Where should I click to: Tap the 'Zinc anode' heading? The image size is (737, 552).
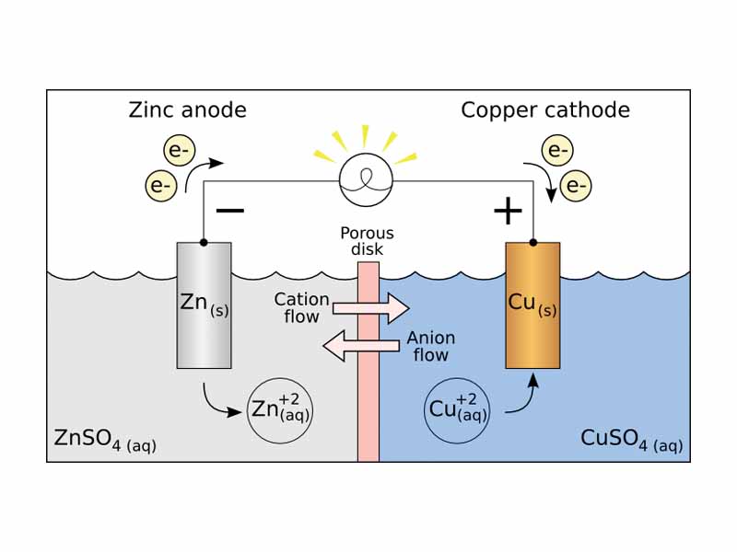tap(187, 110)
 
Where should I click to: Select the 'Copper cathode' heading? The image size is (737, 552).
tap(545, 110)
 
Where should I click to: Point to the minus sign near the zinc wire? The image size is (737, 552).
tap(230, 210)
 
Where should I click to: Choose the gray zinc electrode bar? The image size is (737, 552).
tap(204, 304)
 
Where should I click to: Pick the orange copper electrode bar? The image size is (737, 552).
tap(532, 304)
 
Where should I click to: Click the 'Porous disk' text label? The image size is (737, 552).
tap(367, 241)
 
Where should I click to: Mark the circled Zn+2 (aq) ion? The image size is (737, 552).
tap(281, 408)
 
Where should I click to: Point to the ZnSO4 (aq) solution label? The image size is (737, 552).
tap(104, 441)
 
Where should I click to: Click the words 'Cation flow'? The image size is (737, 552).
tap(301, 308)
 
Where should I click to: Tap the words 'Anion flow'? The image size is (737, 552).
tap(428, 347)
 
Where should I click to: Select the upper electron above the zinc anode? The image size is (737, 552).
tap(178, 150)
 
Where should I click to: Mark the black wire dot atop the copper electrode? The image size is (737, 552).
tap(532, 243)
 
